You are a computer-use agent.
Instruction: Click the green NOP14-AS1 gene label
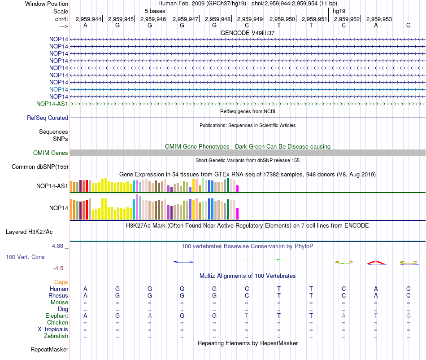coord(52,104)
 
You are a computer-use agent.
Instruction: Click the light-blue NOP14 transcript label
coord(58,89)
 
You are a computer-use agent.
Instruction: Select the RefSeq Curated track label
coord(48,118)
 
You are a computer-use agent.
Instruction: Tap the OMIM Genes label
coord(50,153)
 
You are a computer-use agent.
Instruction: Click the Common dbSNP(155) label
coord(40,167)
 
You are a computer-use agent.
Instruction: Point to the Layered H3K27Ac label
coord(29,232)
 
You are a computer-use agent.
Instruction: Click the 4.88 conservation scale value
coord(57,246)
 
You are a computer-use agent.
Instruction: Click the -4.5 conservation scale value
coord(58,268)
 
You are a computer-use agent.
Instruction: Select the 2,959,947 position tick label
coord(185,19)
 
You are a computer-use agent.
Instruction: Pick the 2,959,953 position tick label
coord(379,19)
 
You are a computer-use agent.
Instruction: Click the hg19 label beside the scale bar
coord(339,11)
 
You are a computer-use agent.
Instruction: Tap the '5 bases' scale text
coord(155,11)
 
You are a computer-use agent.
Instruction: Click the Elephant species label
coord(57,316)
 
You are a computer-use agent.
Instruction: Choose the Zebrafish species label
coord(56,336)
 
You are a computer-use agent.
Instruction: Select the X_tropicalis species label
coord(53,329)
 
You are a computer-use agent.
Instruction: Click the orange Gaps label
coord(61,282)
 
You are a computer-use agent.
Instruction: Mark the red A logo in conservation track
coord(376,263)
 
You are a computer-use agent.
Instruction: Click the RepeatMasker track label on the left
coord(49,349)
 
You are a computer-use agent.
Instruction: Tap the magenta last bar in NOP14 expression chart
coord(238,214)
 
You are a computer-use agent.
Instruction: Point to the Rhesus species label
coord(58,295)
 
